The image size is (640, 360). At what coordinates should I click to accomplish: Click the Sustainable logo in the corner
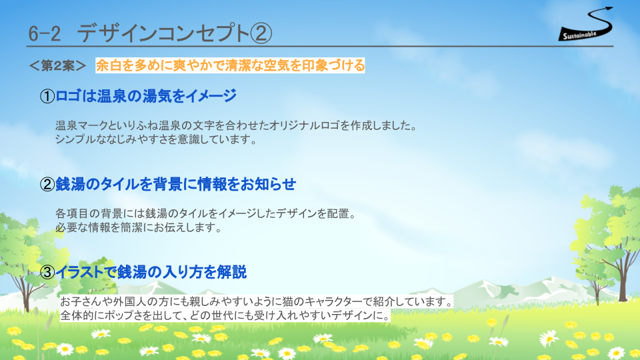point(586,25)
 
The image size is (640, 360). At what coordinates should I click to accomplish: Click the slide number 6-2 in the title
point(45,33)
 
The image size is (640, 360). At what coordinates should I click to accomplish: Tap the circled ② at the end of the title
point(261,33)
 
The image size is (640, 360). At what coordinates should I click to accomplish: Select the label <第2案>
point(57,65)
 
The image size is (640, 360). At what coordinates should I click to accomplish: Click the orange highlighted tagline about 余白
point(230,65)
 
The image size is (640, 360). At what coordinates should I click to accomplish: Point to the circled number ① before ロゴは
point(47,96)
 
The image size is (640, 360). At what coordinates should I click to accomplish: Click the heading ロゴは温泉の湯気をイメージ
point(146,96)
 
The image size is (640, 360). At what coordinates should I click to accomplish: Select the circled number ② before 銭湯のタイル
point(47,185)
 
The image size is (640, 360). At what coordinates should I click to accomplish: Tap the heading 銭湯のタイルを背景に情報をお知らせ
point(175,184)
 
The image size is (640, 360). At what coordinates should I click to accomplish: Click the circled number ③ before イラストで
point(47,272)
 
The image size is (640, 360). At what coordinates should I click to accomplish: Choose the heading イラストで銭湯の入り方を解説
point(151,272)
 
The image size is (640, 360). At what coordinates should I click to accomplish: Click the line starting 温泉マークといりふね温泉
point(237,125)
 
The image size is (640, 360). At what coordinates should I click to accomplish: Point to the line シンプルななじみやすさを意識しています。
point(157,139)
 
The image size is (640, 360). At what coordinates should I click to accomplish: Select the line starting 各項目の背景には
point(207,213)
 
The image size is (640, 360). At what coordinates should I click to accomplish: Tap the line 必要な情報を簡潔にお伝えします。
point(139,227)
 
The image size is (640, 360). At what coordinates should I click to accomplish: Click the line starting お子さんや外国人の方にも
point(257,301)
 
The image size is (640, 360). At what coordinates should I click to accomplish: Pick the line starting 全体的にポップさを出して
point(225,315)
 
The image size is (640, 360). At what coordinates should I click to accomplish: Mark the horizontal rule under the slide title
point(320,47)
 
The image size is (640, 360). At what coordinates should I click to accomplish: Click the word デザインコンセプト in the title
point(163,33)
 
